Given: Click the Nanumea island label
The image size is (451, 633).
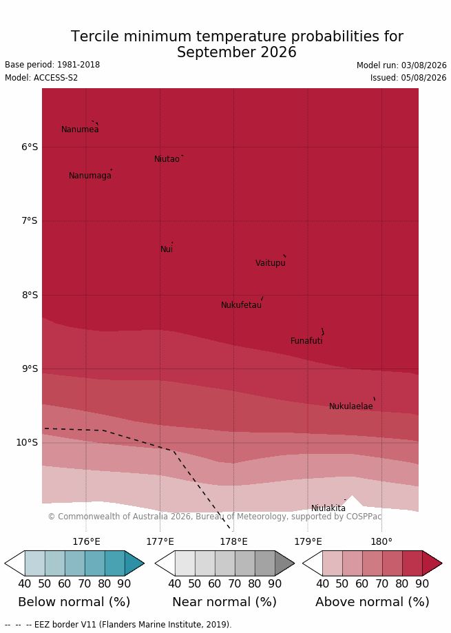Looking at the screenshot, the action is click(x=80, y=129).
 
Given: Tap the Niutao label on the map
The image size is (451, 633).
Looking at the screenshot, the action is click(x=167, y=159).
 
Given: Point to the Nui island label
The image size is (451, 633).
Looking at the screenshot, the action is click(x=167, y=249).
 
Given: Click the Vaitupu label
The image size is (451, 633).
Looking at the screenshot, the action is click(x=271, y=263).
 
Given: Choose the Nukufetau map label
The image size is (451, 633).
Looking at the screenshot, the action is click(x=241, y=305).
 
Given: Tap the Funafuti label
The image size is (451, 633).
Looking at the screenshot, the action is click(x=306, y=341).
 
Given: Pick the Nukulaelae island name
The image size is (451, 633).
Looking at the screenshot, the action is click(x=351, y=406).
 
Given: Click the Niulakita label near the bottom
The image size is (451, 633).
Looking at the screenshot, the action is click(x=328, y=508).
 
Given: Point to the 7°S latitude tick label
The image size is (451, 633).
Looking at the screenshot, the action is click(x=30, y=221).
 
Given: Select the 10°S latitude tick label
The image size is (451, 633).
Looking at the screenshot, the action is click(x=27, y=442).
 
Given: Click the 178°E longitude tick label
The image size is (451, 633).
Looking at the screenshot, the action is click(x=233, y=542).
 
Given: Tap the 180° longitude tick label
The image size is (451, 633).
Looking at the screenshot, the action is click(x=381, y=542).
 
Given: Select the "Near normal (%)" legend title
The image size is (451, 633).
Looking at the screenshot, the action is click(x=224, y=602).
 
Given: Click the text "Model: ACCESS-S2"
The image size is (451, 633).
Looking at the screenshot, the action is click(x=41, y=78).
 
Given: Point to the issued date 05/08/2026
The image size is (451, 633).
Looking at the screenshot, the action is click(x=423, y=78).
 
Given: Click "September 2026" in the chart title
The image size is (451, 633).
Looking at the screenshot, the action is click(x=237, y=52).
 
